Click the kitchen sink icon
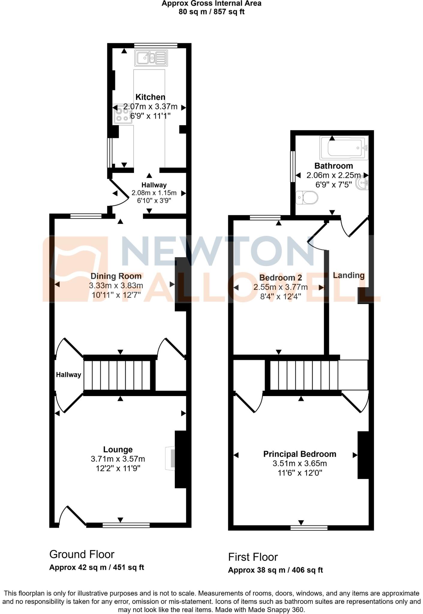pos(151,58)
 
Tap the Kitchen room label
pos(150,97)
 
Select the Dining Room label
pos(116,276)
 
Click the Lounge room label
pos(118,449)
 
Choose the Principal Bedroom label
pos(299,454)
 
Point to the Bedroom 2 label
pos(280,278)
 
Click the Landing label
pos(349,275)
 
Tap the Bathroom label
pos(333,166)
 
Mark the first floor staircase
pos(304,375)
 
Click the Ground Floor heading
pos(82,555)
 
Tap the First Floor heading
pos(253,557)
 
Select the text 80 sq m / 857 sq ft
pos(211,12)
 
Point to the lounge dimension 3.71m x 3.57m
pos(118,459)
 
